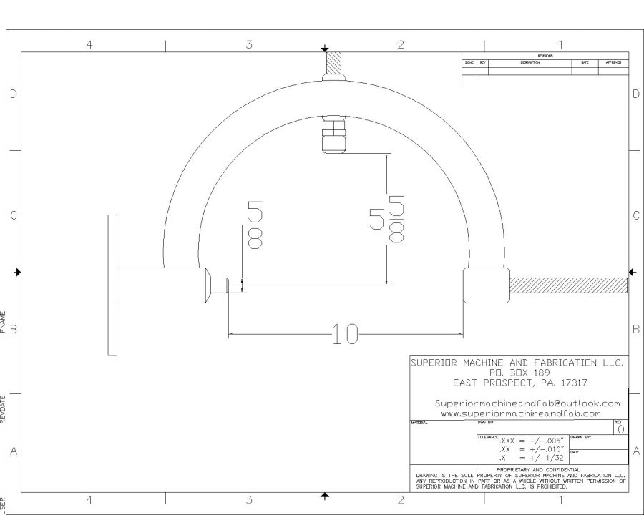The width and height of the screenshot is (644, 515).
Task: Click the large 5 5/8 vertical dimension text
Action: (387, 218)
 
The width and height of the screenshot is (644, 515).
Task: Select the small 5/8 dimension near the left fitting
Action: (254, 224)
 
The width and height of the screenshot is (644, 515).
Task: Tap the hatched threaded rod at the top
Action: (334, 67)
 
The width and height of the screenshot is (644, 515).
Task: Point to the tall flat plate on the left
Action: (112, 284)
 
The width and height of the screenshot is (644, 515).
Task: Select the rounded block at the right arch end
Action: (486, 285)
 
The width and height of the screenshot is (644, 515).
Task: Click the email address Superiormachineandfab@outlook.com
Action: (527, 403)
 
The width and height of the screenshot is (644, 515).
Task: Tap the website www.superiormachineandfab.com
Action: (520, 413)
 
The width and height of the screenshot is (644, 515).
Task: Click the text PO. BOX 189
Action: (516, 373)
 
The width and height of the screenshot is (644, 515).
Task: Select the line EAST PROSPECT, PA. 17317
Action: (516, 383)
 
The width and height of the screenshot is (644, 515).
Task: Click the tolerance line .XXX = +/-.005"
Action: (531, 442)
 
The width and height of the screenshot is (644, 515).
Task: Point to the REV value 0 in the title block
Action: (620, 430)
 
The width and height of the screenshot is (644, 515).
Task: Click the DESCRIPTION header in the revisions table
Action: (530, 63)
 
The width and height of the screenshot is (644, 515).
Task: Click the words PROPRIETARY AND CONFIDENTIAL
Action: (520, 469)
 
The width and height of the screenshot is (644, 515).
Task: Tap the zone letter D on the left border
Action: (13, 94)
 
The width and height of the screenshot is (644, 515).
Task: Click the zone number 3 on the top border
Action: (249, 45)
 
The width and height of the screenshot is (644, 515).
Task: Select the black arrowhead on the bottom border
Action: (326, 495)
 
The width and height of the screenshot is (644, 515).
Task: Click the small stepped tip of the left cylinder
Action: (235, 285)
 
